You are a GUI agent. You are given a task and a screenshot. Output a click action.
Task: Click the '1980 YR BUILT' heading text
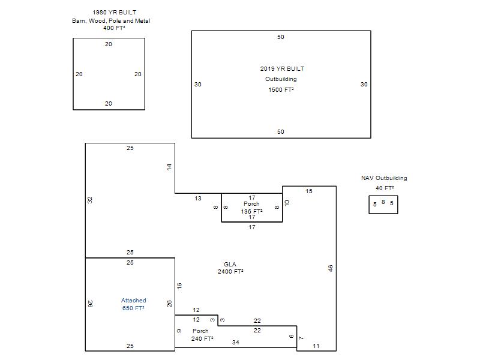click(115, 13)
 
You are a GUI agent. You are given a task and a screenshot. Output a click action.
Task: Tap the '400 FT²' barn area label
click(114, 28)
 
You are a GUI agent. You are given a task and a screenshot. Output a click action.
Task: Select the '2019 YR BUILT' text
click(282, 69)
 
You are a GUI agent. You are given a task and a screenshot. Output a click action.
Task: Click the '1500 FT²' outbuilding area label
click(281, 89)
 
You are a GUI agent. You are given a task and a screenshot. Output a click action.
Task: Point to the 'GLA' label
click(230, 264)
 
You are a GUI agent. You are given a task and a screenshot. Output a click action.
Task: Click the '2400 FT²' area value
click(230, 272)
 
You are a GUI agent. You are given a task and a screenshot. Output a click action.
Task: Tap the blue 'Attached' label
click(133, 301)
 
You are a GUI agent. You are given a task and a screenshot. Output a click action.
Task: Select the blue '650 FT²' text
click(133, 308)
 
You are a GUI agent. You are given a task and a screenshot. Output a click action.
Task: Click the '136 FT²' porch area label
click(251, 211)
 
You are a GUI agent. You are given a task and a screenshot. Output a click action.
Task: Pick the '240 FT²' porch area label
click(202, 338)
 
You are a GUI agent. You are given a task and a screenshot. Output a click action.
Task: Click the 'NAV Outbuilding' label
click(384, 178)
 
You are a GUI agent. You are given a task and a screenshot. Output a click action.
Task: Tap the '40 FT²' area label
click(385, 188)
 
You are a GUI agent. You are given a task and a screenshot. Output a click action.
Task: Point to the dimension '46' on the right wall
click(331, 268)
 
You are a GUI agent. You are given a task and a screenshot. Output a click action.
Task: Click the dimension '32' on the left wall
click(89, 200)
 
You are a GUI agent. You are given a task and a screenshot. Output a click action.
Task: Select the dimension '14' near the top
click(169, 167)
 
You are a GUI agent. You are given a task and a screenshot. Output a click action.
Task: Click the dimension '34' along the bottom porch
click(235, 342)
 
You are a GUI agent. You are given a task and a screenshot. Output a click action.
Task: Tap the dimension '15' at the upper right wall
click(309, 191)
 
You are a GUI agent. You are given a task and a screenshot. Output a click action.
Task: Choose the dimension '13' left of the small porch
click(198, 199)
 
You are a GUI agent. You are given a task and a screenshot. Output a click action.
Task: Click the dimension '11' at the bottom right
click(316, 346)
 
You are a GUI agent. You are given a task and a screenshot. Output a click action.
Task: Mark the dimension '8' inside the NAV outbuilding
click(383, 202)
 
